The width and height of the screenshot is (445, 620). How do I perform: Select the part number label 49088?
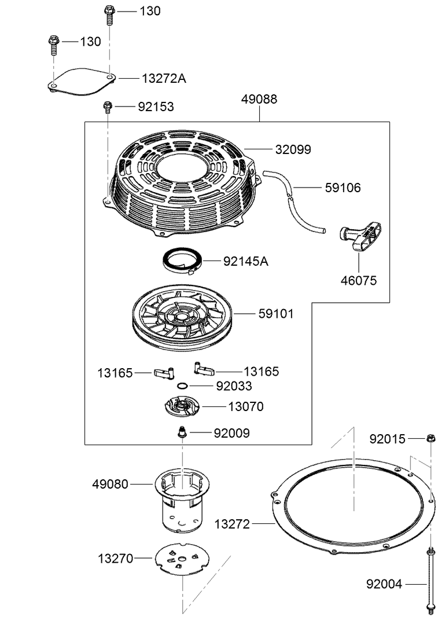tap(259, 100)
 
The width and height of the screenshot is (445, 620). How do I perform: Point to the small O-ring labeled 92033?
tap(182, 386)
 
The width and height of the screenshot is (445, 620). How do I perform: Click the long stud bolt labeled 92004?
tap(431, 582)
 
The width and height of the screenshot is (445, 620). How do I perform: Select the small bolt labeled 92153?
tap(108, 107)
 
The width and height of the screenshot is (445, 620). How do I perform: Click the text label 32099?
tap(293, 149)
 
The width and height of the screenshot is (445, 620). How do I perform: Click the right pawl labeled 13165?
tap(203, 368)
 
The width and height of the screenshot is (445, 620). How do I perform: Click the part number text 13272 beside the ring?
tap(232, 524)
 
